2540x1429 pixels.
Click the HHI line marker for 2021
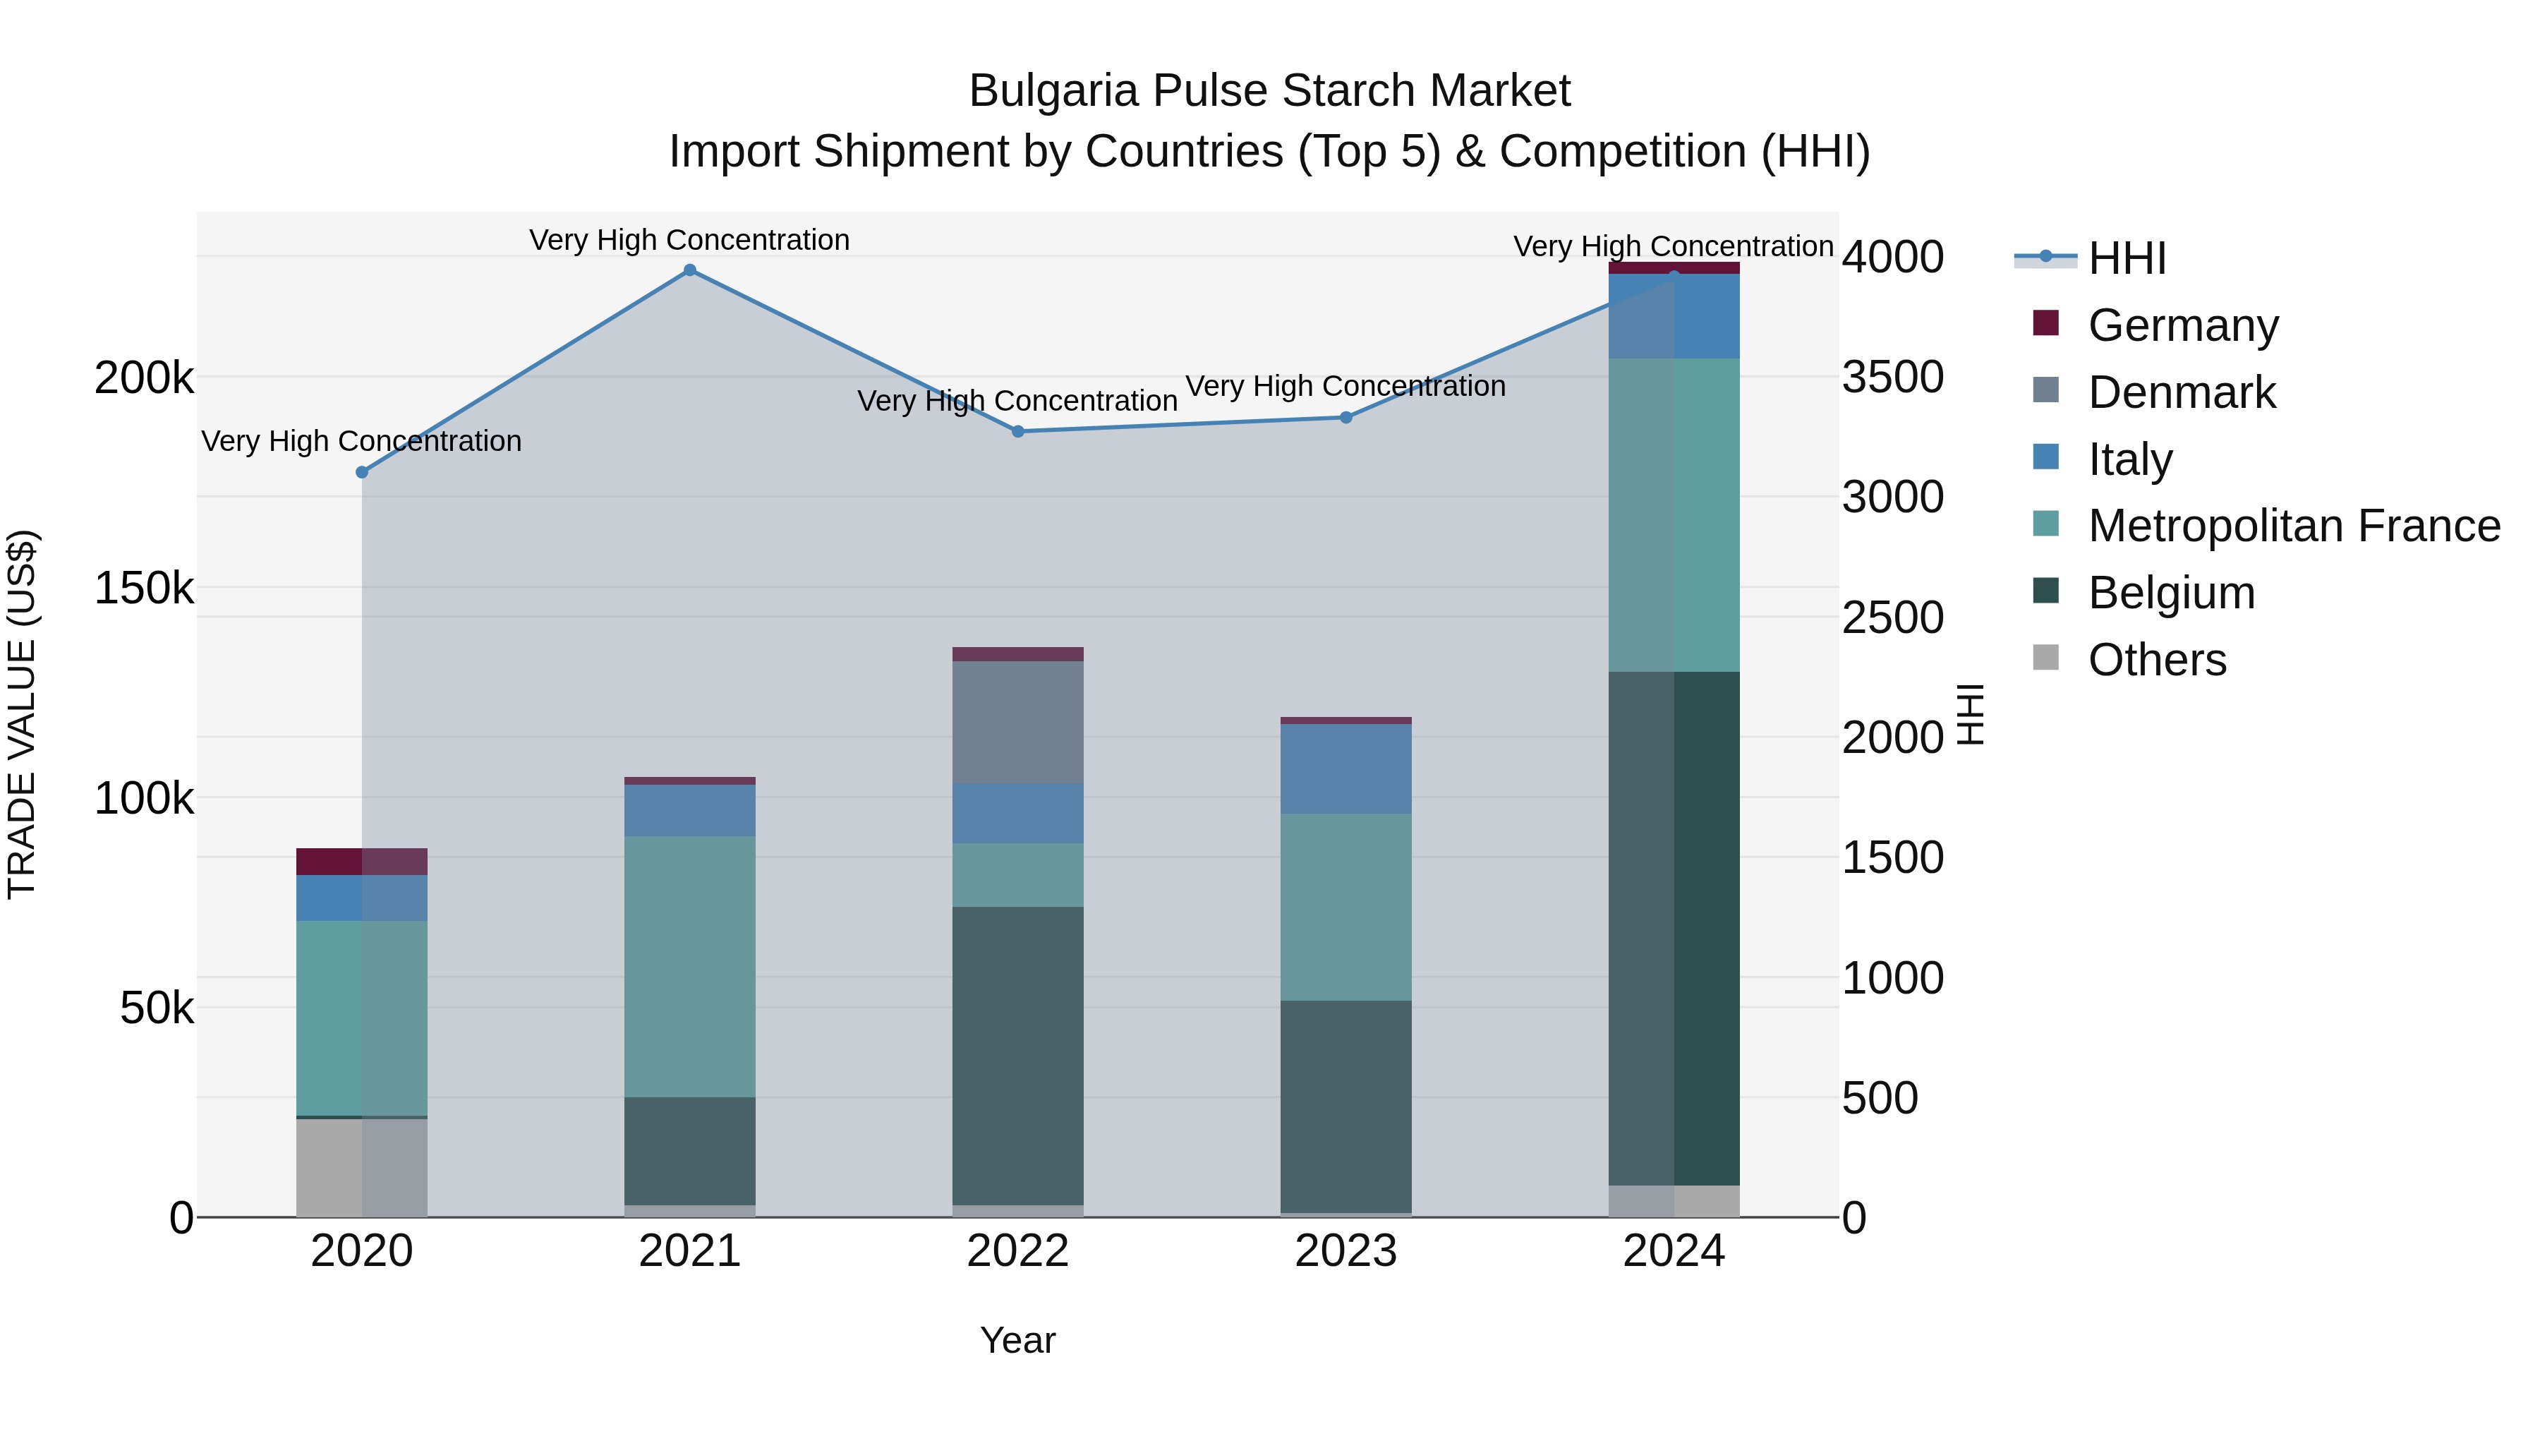coord(689,270)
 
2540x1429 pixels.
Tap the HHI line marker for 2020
coord(362,472)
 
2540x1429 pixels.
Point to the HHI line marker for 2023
coord(1346,417)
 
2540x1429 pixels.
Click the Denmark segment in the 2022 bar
coord(1017,722)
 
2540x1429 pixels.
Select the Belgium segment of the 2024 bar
coord(1674,927)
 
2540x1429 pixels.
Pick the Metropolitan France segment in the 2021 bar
coord(689,967)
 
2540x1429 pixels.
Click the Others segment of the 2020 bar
coord(362,1168)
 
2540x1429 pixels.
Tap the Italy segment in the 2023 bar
coord(1346,768)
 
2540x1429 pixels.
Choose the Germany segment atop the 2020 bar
coord(362,861)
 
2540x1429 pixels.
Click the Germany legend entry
coord(2182,325)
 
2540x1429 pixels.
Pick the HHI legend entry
coord(2127,258)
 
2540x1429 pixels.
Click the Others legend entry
coord(2156,660)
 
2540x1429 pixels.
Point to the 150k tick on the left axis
coord(144,589)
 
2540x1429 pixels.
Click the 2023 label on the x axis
coord(1346,1251)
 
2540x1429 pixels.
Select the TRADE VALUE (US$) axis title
coord(22,714)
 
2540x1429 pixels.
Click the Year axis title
coord(1017,1340)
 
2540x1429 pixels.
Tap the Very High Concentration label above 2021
coord(689,240)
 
